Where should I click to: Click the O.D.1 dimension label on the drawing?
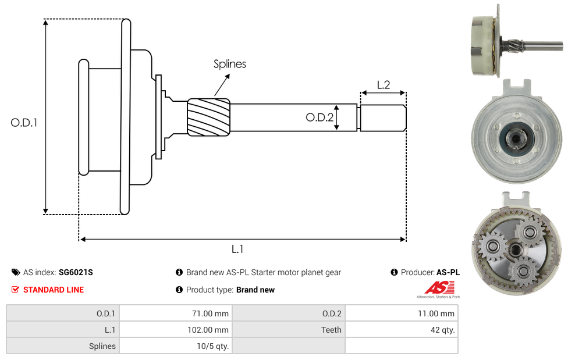(x=24, y=123)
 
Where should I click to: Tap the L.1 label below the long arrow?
(x=237, y=249)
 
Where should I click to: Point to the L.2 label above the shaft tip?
(x=383, y=84)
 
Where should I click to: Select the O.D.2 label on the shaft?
(x=319, y=117)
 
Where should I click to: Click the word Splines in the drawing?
(x=229, y=64)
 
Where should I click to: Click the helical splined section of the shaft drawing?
(x=208, y=117)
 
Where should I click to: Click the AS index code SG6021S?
(x=76, y=272)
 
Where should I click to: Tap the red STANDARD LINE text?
(x=54, y=290)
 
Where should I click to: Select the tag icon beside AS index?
(x=15, y=272)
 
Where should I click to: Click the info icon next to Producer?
(x=395, y=272)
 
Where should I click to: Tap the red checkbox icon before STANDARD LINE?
(x=15, y=290)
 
